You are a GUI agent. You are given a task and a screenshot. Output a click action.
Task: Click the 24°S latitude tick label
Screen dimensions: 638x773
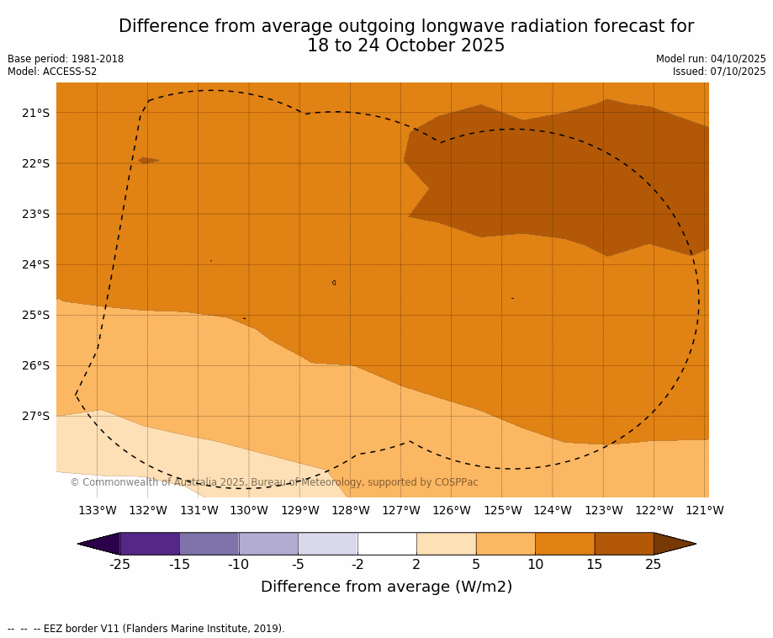tap(35, 264)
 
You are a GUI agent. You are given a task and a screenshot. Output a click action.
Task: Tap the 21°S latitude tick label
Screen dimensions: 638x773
tap(35, 113)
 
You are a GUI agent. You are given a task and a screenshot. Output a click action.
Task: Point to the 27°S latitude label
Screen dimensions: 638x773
tap(35, 416)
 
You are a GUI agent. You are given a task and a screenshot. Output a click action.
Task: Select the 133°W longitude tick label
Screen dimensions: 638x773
tap(98, 510)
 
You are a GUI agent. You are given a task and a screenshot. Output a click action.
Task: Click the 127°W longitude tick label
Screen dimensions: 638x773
tap(401, 510)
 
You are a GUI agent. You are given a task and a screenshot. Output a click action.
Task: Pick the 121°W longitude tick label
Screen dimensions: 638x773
tap(705, 510)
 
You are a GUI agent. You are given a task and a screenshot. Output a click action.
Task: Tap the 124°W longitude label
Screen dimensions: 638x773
tap(553, 510)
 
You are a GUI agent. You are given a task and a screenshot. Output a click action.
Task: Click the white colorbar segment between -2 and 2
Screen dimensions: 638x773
tap(387, 544)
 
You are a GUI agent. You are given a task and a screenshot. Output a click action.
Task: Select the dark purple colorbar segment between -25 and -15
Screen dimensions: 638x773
tap(150, 544)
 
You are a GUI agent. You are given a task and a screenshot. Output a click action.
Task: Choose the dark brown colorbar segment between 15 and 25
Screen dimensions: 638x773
tap(624, 544)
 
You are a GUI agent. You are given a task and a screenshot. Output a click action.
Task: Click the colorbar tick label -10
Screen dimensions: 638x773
tap(239, 565)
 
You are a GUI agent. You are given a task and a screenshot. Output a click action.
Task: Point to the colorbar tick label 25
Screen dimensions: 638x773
tap(654, 565)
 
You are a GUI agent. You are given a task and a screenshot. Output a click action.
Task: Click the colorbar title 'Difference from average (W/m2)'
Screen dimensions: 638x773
tap(386, 587)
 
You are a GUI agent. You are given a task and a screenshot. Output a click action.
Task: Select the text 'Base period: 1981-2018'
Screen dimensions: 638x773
tap(66, 59)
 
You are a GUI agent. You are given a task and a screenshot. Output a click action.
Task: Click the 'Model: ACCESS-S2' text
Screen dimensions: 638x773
tap(52, 72)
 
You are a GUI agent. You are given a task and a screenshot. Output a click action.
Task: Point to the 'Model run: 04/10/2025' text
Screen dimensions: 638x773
tap(711, 59)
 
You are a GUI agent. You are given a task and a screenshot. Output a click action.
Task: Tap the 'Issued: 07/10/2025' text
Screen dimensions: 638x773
tap(719, 72)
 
